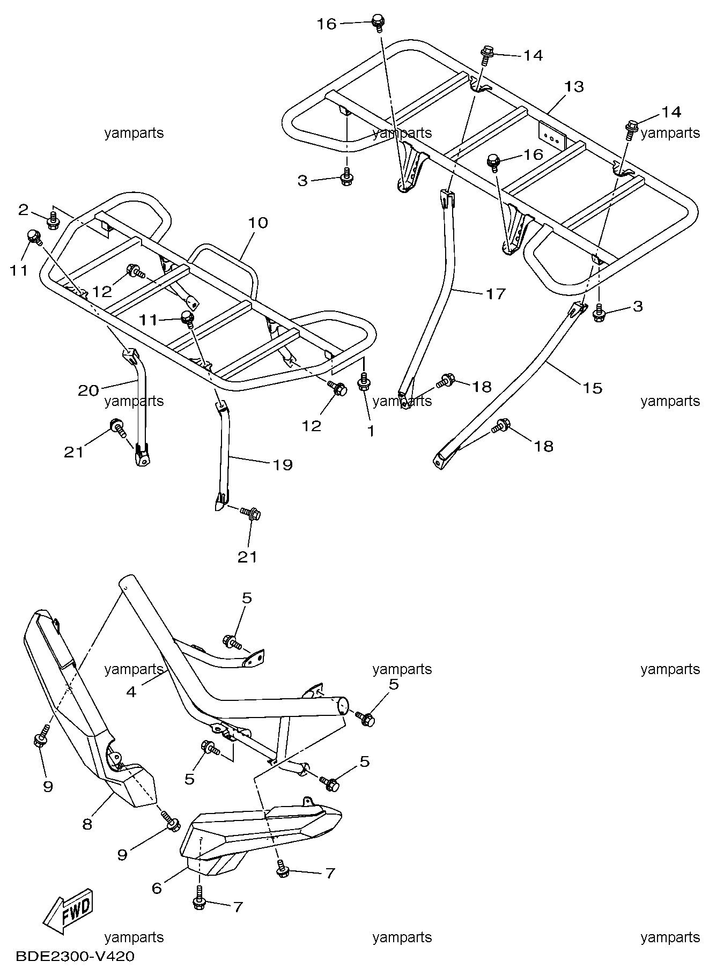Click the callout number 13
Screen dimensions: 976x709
pyautogui.click(x=574, y=86)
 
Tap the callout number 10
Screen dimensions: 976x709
pyautogui.click(x=258, y=223)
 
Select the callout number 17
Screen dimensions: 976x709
pyautogui.click(x=495, y=293)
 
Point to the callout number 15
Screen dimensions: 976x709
pyautogui.click(x=593, y=387)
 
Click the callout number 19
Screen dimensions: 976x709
pyautogui.click(x=283, y=464)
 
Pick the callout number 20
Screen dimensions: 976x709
pyautogui.click(x=88, y=390)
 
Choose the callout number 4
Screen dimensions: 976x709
pyautogui.click(x=131, y=692)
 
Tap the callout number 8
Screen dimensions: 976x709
pyautogui.click(x=87, y=824)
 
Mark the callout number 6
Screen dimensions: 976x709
pyautogui.click(x=157, y=889)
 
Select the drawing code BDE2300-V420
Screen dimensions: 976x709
pyautogui.click(x=75, y=956)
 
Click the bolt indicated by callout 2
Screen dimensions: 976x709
pyautogui.click(x=53, y=221)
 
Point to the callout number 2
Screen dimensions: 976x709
pyautogui.click(x=23, y=210)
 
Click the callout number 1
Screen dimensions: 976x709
pyautogui.click(x=371, y=430)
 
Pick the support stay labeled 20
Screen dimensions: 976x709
pyautogui.click(x=141, y=408)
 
